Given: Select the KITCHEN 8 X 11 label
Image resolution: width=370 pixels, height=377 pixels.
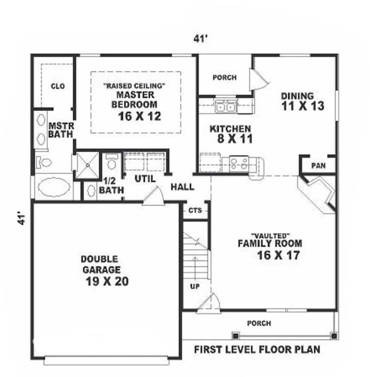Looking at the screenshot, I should [x=230, y=134].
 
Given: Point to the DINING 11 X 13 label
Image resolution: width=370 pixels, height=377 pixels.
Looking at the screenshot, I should [x=301, y=101].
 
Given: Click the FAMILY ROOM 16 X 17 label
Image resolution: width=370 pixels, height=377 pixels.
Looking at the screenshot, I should [x=270, y=248].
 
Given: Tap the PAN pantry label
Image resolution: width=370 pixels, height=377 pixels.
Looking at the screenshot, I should [x=317, y=166].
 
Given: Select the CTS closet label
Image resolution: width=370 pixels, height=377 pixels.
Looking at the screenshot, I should [x=195, y=211].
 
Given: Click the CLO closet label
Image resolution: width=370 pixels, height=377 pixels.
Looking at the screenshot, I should [x=58, y=87].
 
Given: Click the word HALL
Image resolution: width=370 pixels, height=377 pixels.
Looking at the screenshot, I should [x=183, y=187].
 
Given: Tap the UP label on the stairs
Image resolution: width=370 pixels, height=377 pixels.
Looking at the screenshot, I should [x=195, y=287].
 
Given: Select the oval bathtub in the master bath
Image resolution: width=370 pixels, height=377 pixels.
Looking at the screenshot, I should [x=54, y=187].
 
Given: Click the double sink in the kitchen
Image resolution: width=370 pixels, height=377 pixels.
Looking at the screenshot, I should [x=226, y=107].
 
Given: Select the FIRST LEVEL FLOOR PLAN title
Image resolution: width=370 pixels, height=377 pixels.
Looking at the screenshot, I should [x=256, y=349].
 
